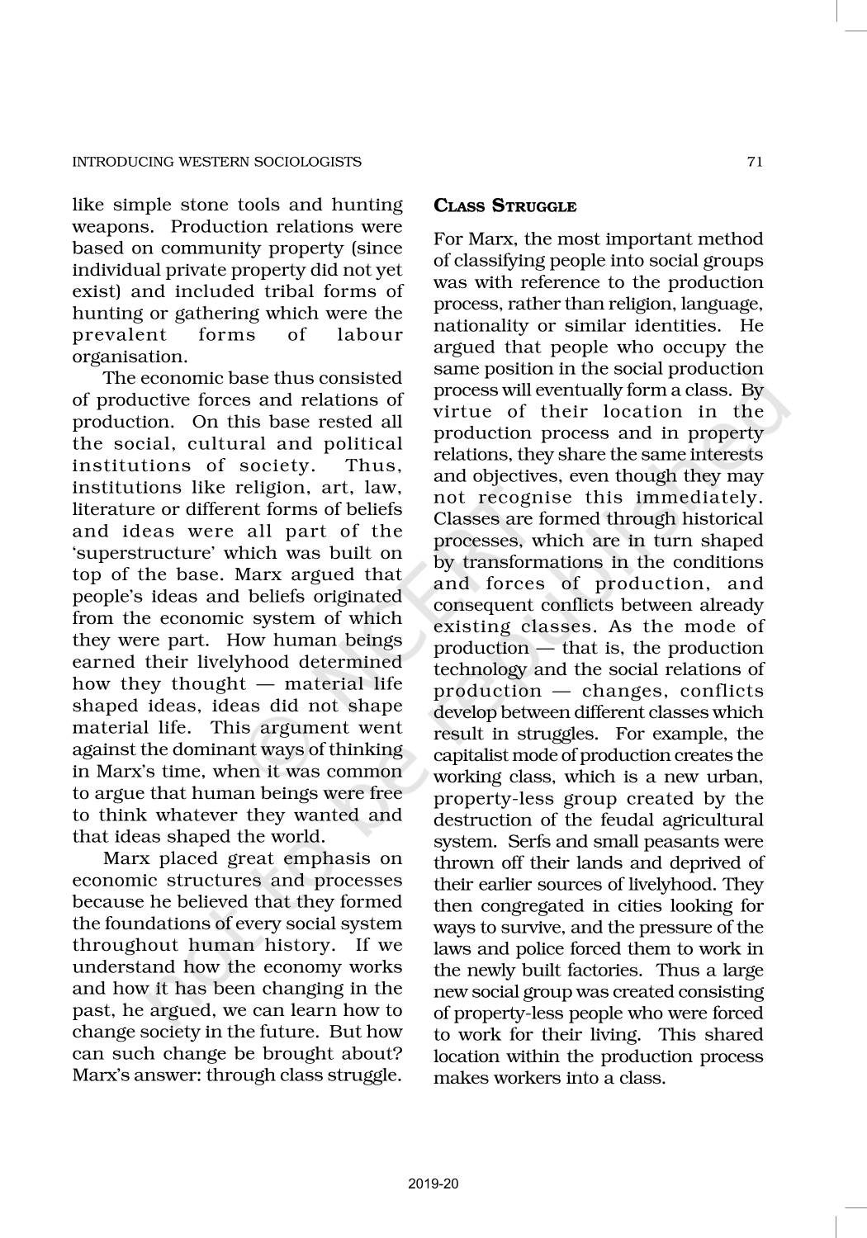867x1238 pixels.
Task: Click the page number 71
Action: point(754,162)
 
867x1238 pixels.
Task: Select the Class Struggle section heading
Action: point(505,206)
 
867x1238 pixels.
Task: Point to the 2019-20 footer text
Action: point(433,1184)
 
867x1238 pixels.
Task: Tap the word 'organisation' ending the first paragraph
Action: point(127,357)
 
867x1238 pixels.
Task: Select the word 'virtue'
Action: point(462,412)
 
